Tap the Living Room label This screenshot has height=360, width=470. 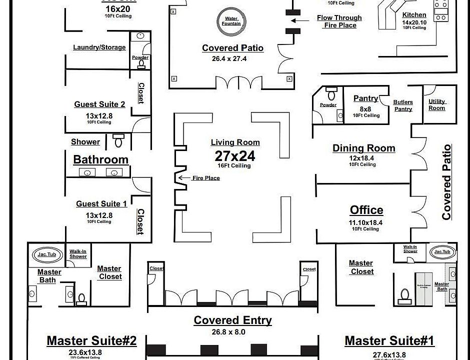[x=235, y=142]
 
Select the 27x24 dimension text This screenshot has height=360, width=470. [x=235, y=155]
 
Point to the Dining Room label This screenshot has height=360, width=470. [x=363, y=148]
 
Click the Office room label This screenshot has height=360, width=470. [x=366, y=210]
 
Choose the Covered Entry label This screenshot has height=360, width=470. [x=232, y=320]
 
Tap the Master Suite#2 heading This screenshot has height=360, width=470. [x=91, y=341]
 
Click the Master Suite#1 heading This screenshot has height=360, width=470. [x=389, y=341]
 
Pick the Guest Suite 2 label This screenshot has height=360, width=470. [x=99, y=104]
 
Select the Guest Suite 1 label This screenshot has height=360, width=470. [x=101, y=204]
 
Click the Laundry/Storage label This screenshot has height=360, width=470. [x=99, y=47]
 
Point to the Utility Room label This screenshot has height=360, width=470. [x=436, y=104]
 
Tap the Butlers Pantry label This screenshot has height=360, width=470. [x=403, y=105]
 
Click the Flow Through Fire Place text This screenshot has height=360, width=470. [x=339, y=21]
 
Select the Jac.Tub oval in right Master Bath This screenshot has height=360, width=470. [x=442, y=252]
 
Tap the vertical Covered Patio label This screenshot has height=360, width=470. [x=446, y=182]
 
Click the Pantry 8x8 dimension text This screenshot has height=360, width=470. [x=365, y=109]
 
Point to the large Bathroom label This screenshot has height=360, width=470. [x=100, y=160]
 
